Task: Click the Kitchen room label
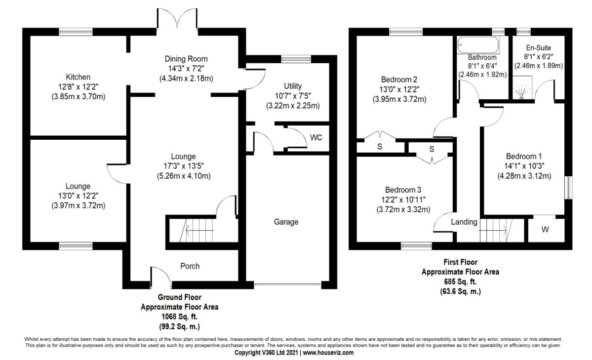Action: tap(78, 77)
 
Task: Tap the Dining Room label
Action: tap(186, 59)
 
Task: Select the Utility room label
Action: tap(293, 86)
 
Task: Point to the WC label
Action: tap(316, 137)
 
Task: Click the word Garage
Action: tap(286, 222)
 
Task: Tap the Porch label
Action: tap(190, 266)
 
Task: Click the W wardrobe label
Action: tap(545, 229)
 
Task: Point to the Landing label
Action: tap(464, 222)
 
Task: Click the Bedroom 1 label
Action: tap(524, 157)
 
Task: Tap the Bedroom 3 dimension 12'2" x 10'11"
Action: tap(403, 200)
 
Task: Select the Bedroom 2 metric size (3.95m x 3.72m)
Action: tap(399, 99)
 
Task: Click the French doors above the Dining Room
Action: tap(177, 19)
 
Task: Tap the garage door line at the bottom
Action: tap(288, 283)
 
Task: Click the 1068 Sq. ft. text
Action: tap(180, 317)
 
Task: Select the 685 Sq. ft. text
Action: tap(460, 282)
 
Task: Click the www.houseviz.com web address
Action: tap(328, 353)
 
